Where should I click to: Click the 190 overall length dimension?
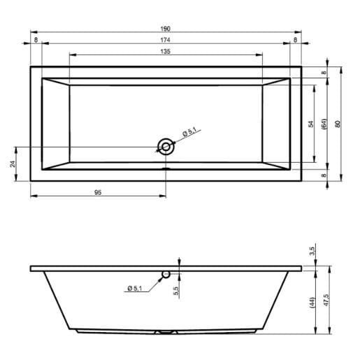[166, 29]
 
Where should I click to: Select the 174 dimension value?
[165, 40]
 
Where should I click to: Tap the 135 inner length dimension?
[165, 52]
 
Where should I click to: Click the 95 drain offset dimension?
[98, 192]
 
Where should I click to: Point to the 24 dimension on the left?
[13, 164]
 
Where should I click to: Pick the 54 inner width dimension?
[311, 124]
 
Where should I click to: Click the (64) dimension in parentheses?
[324, 124]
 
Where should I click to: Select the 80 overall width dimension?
[338, 124]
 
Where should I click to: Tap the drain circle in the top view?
[166, 147]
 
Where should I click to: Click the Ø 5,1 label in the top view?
[189, 131]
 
